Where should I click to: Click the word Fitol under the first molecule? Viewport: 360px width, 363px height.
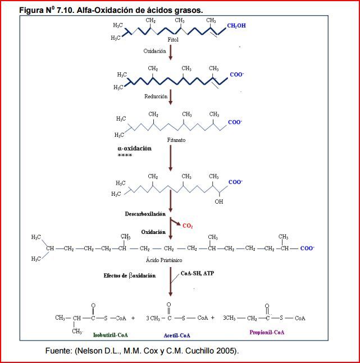pos(172,40)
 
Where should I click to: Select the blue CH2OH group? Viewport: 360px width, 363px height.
pos(236,26)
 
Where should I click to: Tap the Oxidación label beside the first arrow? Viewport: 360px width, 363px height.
pos(154,50)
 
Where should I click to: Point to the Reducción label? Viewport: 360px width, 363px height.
pos(156,96)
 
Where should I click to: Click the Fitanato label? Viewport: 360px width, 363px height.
pos(176,140)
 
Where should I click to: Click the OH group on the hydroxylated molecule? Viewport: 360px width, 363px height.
pos(218,201)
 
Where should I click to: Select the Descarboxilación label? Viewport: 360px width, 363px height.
pos(145,214)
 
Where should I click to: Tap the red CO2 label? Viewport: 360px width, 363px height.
pos(188,226)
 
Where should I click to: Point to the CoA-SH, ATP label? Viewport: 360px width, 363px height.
pos(197,273)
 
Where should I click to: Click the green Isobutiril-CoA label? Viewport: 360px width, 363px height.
pos(111,335)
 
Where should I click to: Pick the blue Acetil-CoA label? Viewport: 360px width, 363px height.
pos(177,335)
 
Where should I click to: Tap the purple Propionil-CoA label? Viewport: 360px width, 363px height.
pos(267,332)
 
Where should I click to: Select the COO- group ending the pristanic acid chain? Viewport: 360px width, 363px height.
pos(307,248)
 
